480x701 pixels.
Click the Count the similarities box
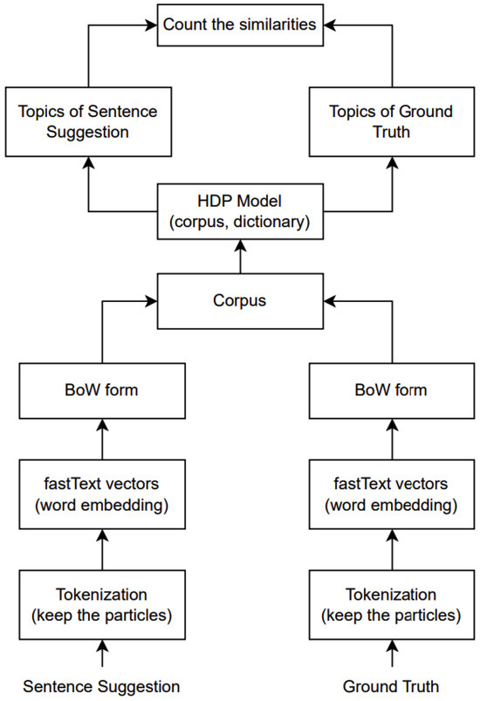click(240, 25)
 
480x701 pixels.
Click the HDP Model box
click(239, 210)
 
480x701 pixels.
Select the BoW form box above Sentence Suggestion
click(103, 389)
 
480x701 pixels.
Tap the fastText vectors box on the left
click(103, 492)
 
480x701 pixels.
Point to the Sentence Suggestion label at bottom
click(102, 685)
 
